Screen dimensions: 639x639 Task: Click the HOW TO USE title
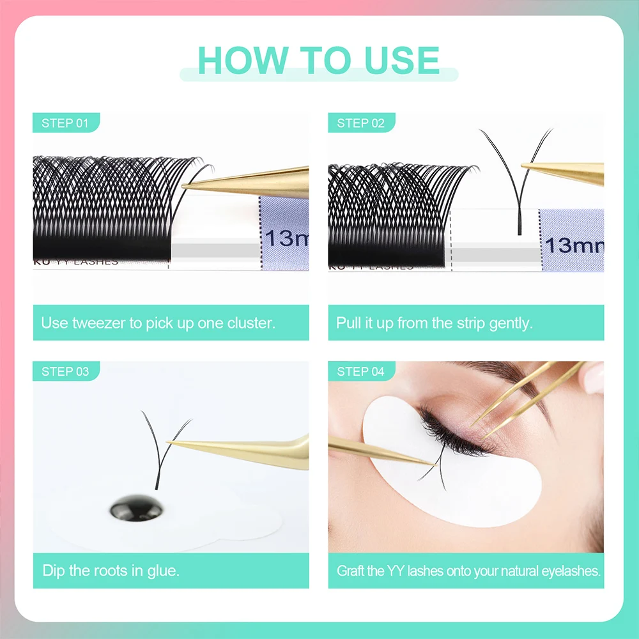point(319,60)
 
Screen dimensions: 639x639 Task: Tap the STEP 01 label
point(65,123)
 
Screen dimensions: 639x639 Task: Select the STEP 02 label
point(361,123)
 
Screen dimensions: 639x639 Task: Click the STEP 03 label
point(65,371)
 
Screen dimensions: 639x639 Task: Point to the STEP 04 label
point(361,371)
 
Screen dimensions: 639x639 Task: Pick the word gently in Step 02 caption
point(511,323)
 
